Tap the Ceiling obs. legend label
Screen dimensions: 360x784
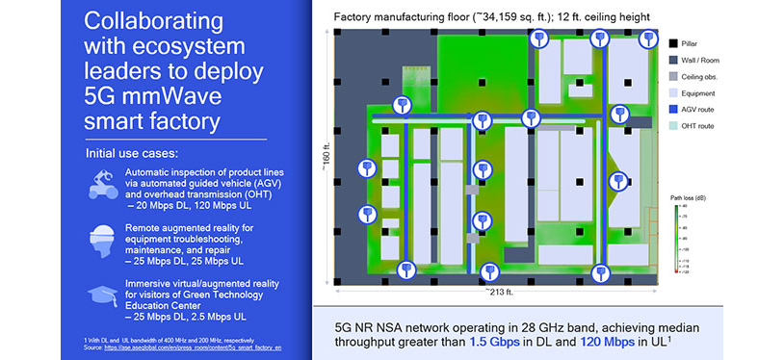point(706,76)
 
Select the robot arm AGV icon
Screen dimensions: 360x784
point(100,180)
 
